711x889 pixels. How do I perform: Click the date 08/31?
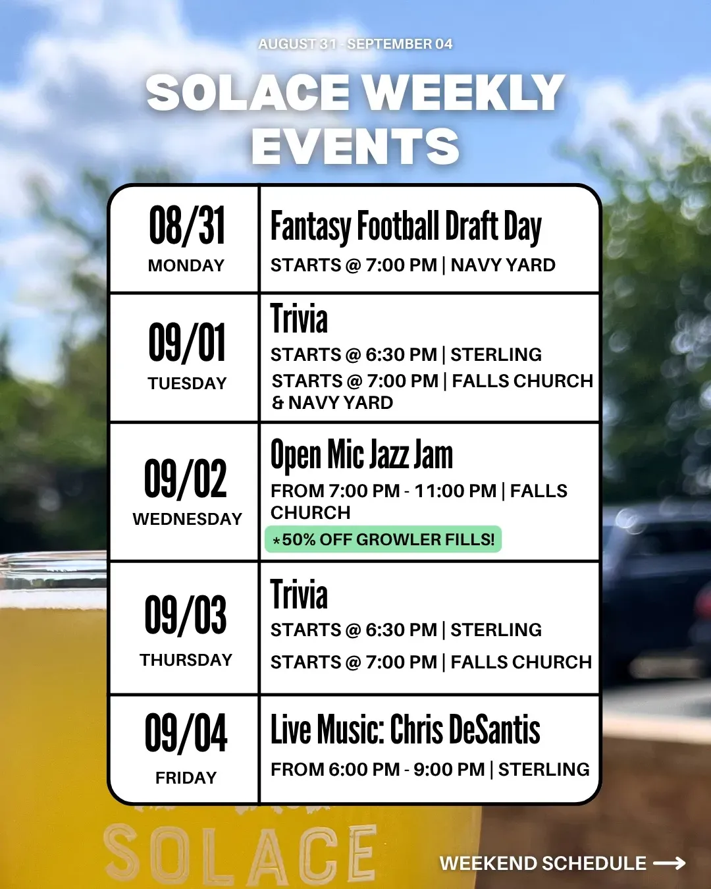point(187,225)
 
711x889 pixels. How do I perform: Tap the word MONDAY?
point(186,265)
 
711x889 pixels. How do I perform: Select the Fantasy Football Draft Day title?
point(406,227)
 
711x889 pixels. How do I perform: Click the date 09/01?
point(187,342)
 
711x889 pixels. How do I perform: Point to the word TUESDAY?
point(187,383)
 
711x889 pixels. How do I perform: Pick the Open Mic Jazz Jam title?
point(361,455)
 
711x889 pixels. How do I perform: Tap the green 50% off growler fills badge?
point(383,539)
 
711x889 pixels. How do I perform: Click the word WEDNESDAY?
point(187,519)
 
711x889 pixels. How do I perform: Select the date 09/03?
point(186,615)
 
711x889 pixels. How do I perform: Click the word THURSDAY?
point(186,660)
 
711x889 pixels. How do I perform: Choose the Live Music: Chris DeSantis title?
point(406,729)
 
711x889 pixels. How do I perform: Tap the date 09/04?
point(186,732)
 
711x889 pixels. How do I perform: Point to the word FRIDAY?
point(186,778)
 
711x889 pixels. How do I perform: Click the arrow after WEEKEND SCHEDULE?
point(670,863)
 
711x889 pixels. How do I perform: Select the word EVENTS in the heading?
point(355,146)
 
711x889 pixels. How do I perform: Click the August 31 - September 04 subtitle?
point(355,43)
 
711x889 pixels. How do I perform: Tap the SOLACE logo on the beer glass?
point(240,853)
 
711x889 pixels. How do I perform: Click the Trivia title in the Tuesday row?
point(299,318)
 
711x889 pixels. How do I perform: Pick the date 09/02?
point(186,478)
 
